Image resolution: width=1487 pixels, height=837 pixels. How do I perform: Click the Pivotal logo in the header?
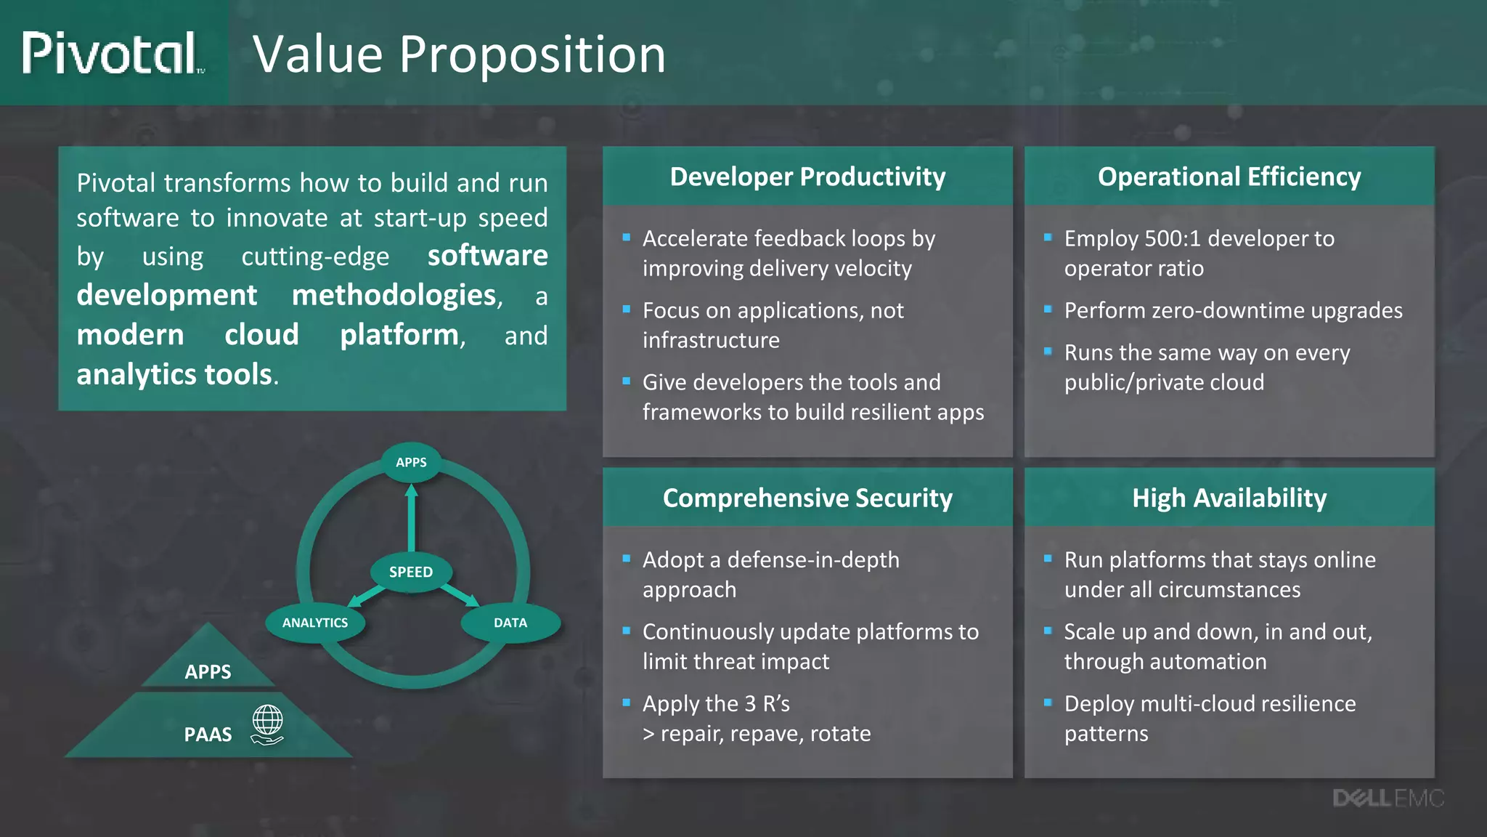(x=110, y=53)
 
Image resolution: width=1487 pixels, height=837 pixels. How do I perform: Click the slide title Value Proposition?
(x=459, y=54)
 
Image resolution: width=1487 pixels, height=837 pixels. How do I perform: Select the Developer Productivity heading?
(x=807, y=177)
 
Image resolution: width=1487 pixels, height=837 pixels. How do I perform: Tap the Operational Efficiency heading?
(x=1229, y=177)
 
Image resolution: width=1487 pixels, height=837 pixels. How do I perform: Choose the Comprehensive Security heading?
(x=807, y=498)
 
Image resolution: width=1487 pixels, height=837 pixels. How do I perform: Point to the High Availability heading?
(x=1229, y=498)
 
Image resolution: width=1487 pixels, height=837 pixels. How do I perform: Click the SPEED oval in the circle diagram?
(x=411, y=572)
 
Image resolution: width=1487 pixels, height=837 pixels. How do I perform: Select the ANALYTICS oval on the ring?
(x=315, y=623)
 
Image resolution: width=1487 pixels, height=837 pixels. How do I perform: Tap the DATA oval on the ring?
(x=510, y=623)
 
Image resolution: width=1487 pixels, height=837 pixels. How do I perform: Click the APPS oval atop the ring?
(x=411, y=462)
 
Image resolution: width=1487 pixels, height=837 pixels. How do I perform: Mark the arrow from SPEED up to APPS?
(x=412, y=519)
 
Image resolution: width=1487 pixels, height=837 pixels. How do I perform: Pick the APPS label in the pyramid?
(x=208, y=672)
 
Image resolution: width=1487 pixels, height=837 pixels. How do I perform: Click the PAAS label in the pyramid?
(x=208, y=735)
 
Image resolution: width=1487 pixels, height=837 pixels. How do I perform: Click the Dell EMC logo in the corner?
(x=1388, y=798)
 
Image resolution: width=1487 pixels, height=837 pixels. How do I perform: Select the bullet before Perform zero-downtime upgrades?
(x=1048, y=309)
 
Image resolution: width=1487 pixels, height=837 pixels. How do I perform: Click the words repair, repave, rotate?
(x=765, y=734)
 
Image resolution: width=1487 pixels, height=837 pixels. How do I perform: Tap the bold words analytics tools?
(x=174, y=374)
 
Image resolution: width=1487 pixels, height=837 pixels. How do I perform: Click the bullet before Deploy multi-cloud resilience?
(x=1048, y=702)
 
